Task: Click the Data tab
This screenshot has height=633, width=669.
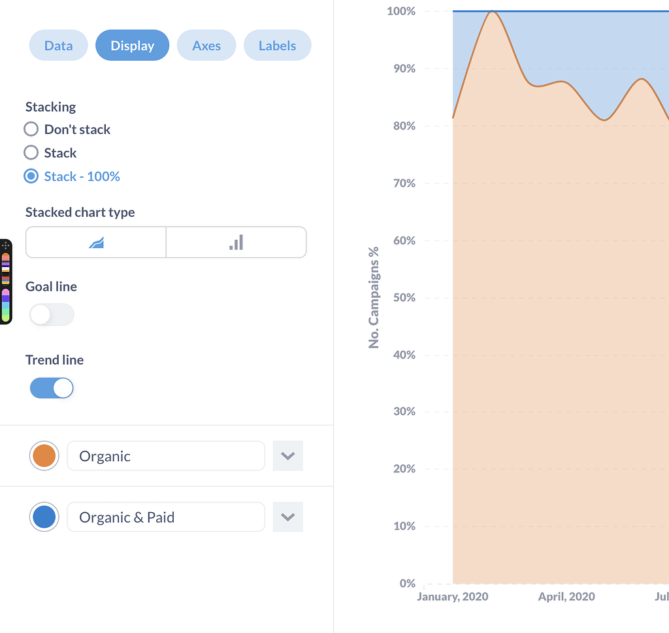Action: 58,46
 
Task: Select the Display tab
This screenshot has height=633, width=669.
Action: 132,46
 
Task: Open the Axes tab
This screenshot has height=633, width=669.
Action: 206,46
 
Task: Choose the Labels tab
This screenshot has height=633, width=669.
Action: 277,46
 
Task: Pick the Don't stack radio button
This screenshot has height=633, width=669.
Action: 31,129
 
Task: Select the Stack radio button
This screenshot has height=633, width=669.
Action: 31,153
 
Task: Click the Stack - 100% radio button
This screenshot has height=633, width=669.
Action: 31,176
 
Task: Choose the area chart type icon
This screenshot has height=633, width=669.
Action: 96,242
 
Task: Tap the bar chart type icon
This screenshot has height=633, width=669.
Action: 236,242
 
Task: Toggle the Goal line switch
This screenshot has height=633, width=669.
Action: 52,315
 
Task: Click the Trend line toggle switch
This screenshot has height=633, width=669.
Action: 52,388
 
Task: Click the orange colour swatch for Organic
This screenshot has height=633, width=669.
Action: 44,456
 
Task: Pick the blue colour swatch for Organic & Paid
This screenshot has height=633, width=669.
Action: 44,517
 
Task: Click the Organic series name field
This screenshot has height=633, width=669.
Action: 166,456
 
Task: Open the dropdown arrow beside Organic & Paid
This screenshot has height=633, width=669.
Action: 287,517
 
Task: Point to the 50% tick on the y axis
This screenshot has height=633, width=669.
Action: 404,298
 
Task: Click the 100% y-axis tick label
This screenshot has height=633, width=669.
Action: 401,11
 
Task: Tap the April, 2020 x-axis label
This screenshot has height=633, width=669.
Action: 566,596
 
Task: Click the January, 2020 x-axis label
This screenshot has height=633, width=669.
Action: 453,596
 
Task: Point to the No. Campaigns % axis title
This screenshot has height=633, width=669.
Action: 374,297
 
